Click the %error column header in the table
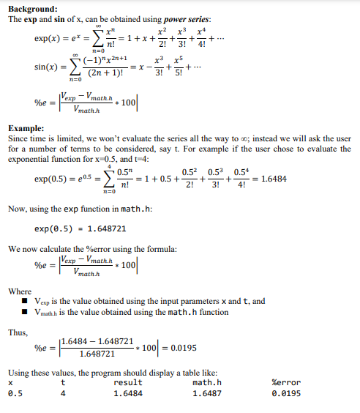tap(287, 382)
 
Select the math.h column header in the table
tap(207, 382)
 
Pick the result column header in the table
tap(128, 382)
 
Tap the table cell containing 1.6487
tap(207, 393)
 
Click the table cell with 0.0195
tap(287, 393)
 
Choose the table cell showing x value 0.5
tap(15, 393)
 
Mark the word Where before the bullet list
tap(20, 291)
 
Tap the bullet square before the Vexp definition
tap(25, 301)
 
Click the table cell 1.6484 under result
tap(128, 393)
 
